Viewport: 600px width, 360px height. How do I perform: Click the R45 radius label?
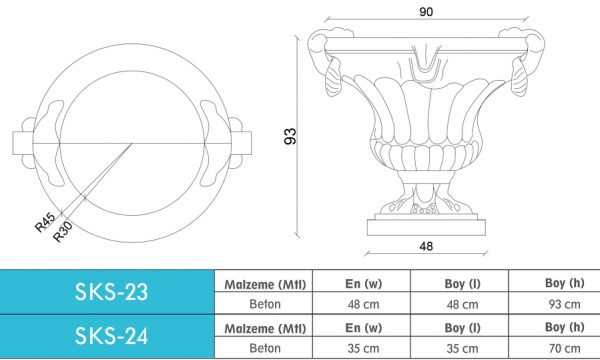coord(45,223)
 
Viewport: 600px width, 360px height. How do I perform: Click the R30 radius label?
coord(62,232)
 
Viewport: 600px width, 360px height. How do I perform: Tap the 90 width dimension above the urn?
coord(426,12)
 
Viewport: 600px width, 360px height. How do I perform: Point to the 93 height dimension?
coord(290,136)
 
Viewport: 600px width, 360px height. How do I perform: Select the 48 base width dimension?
coord(426,246)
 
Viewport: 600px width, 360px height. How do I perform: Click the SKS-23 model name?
coord(111,292)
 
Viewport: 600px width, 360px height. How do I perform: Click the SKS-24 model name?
coord(111,336)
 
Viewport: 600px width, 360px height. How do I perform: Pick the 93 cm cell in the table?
coord(564,305)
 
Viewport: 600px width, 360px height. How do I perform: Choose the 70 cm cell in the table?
coord(564,349)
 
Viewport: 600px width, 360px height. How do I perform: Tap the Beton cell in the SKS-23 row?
coord(265,304)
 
